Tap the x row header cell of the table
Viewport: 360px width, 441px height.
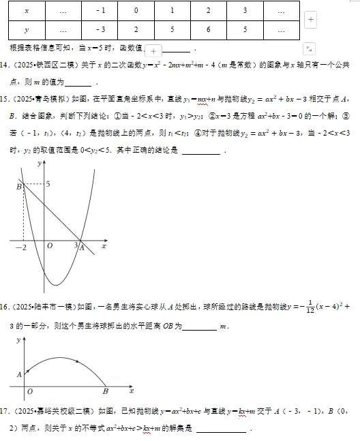pos(26,12)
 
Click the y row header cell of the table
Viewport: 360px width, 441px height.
pos(26,31)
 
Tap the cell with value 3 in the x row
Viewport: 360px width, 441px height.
pos(244,12)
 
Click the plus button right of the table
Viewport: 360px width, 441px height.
pos(311,20)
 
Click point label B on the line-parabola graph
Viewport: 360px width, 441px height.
pos(18,186)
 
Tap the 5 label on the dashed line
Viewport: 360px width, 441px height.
pos(48,184)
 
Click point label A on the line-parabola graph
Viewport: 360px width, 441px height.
pos(82,248)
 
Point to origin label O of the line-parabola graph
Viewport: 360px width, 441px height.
pos(49,247)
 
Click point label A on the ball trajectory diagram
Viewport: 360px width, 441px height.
pos(19,374)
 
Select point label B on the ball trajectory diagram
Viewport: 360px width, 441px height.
pos(105,392)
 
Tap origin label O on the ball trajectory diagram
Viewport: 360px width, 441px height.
pos(29,392)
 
